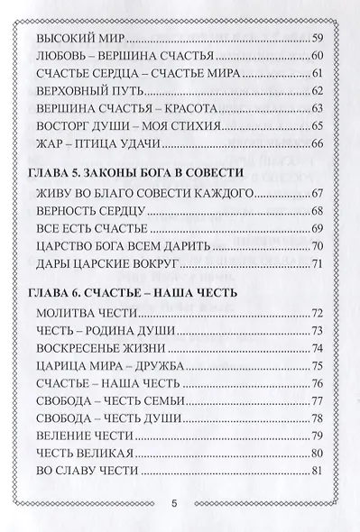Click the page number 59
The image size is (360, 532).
316,41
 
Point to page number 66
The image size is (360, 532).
316,142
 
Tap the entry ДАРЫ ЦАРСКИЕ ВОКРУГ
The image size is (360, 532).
106,264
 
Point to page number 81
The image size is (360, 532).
316,470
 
